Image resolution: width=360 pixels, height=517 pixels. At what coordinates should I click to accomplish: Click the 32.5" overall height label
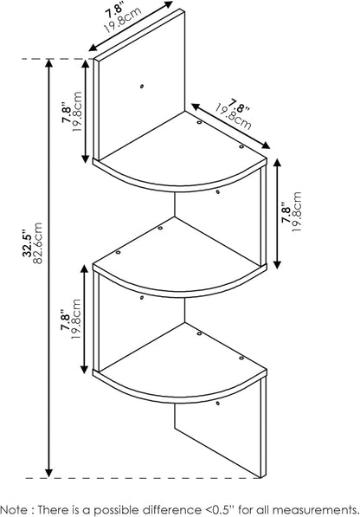(x=27, y=244)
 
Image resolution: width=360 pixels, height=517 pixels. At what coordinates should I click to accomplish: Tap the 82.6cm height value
(x=38, y=243)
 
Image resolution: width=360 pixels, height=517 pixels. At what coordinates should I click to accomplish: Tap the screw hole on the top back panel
(x=142, y=87)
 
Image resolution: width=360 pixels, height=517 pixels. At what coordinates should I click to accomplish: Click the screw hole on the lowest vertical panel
(x=218, y=403)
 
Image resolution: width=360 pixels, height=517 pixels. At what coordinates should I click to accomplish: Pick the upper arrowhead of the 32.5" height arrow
(x=49, y=63)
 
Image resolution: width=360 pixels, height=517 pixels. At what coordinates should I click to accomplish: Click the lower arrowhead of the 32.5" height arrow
(x=49, y=473)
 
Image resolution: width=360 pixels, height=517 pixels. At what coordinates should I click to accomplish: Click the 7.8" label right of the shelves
(x=286, y=215)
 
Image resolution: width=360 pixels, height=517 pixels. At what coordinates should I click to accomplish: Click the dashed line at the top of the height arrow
(x=57, y=59)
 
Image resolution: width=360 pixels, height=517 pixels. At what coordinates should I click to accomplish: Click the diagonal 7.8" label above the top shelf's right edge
(x=240, y=106)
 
